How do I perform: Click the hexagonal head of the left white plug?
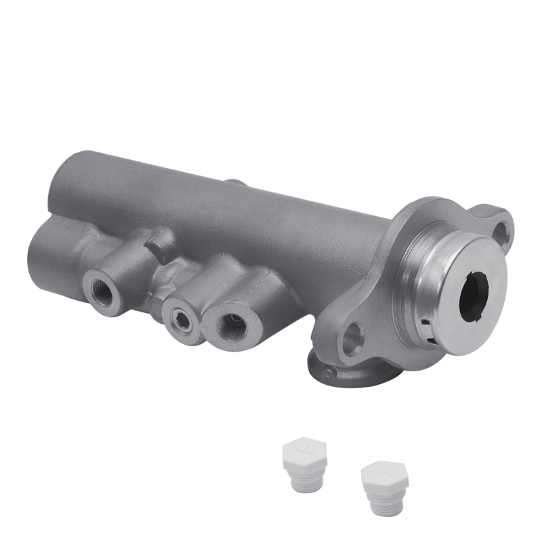[304, 451]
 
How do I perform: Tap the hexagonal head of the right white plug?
[384, 476]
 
